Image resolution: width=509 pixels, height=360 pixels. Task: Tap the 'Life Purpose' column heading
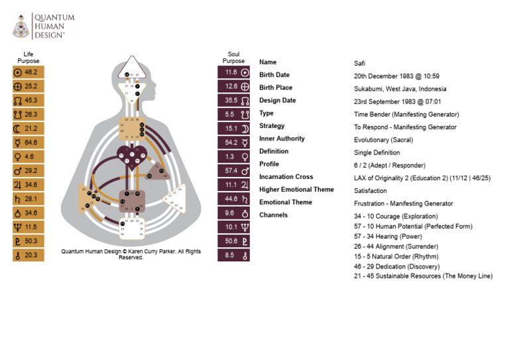pos(28,58)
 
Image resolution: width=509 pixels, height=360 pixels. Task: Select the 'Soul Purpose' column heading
pos(233,58)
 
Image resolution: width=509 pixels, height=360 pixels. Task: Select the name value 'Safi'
pos(360,64)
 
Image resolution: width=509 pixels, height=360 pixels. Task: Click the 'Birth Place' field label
pos(276,88)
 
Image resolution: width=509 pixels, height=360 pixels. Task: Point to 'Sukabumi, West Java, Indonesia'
pos(400,89)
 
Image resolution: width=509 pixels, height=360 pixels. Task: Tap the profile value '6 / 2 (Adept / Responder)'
pos(390,165)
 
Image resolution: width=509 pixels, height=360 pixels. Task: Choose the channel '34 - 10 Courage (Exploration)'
pos(396,216)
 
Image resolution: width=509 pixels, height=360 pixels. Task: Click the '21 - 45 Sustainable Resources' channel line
pos(423,276)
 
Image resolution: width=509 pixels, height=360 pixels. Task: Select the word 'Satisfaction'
pos(370,191)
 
